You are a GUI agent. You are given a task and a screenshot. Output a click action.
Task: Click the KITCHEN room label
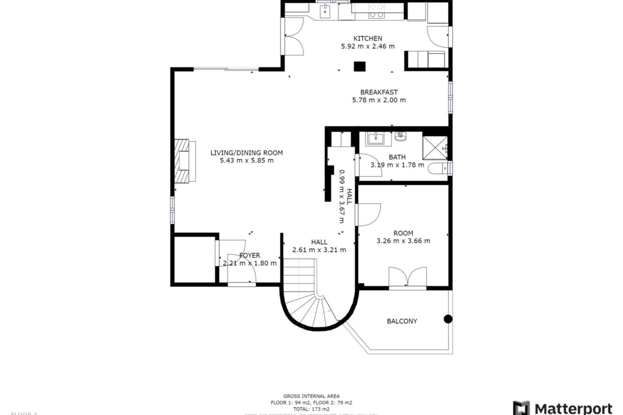(368, 38)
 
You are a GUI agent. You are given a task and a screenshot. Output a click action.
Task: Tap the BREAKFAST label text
(379, 92)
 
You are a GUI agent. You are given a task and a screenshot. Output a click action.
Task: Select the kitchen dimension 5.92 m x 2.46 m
(368, 46)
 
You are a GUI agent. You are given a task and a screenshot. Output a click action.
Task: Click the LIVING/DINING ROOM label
(247, 153)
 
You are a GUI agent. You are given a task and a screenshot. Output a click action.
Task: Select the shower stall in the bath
(435, 148)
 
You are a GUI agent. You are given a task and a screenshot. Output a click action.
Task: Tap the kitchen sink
(324, 11)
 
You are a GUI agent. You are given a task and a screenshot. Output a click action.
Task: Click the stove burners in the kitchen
(377, 10)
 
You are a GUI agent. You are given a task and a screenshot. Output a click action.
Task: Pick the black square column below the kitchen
(360, 66)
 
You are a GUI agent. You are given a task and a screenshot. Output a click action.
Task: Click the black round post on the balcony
(448, 319)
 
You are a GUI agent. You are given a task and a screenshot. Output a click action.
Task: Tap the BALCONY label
(402, 321)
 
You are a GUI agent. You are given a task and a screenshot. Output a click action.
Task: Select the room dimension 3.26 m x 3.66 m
(403, 241)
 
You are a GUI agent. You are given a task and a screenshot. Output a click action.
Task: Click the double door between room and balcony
(408, 278)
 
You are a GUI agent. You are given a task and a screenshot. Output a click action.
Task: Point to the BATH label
(397, 157)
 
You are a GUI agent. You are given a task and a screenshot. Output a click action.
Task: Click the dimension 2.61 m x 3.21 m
(319, 250)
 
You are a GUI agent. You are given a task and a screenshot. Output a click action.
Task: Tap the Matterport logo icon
(521, 408)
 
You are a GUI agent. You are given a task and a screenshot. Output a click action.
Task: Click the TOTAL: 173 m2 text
(311, 409)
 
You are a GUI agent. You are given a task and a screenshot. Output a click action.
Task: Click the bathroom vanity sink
(375, 139)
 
